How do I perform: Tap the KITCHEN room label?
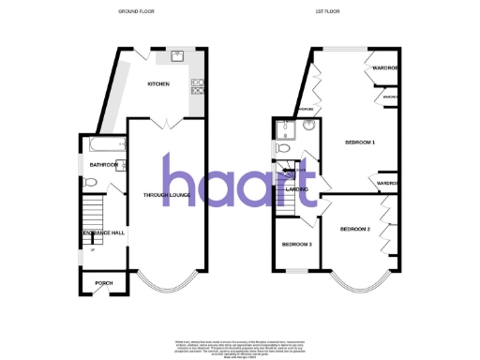coord(157,85)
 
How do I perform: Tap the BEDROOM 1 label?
coord(360,142)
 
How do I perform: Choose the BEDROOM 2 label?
coord(355,229)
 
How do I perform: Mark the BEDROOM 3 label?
coord(297,244)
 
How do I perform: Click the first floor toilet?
coord(280,147)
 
